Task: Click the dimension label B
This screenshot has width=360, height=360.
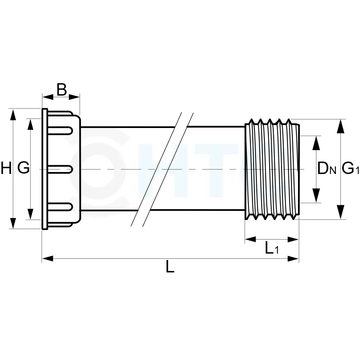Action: point(61,90)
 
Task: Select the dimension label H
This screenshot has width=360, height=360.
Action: point(6,168)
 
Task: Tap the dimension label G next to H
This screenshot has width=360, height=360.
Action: point(23,168)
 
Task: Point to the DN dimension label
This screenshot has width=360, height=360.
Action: point(326,169)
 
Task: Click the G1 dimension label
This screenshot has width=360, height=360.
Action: point(350,169)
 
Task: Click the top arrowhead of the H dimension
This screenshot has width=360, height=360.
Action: point(13,114)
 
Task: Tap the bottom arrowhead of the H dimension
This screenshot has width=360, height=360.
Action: point(13,223)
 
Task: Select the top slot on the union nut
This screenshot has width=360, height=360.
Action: point(60,130)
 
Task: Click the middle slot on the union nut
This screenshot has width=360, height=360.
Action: point(60,169)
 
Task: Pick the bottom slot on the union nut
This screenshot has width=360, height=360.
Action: point(60,207)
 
